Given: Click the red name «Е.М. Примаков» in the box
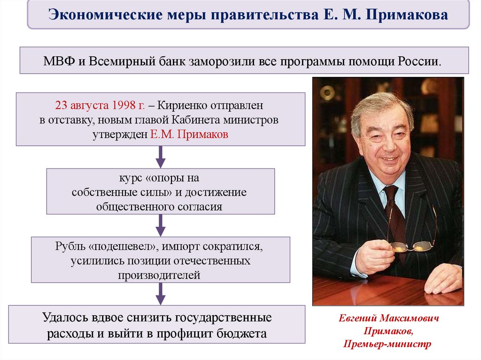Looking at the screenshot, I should click(189, 134).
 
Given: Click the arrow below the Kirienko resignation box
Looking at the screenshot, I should click(161, 157).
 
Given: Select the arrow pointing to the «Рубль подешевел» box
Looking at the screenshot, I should click(161, 225).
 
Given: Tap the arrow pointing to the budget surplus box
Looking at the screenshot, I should click(161, 294).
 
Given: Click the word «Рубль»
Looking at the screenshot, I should click(70, 247).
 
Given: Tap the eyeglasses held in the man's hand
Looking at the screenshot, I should click(409, 246).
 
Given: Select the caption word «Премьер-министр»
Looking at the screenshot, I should click(389, 344).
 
